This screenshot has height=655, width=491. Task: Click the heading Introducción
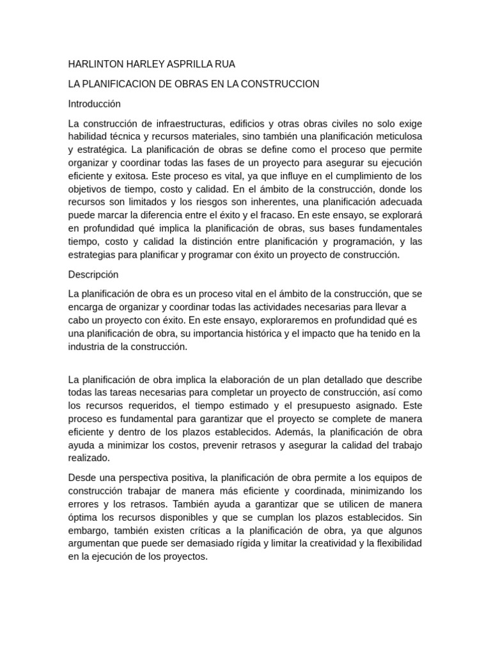pyautogui.click(x=95, y=104)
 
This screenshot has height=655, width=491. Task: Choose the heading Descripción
pyautogui.click(x=93, y=274)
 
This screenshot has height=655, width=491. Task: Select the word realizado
pyautogui.click(x=89, y=458)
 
